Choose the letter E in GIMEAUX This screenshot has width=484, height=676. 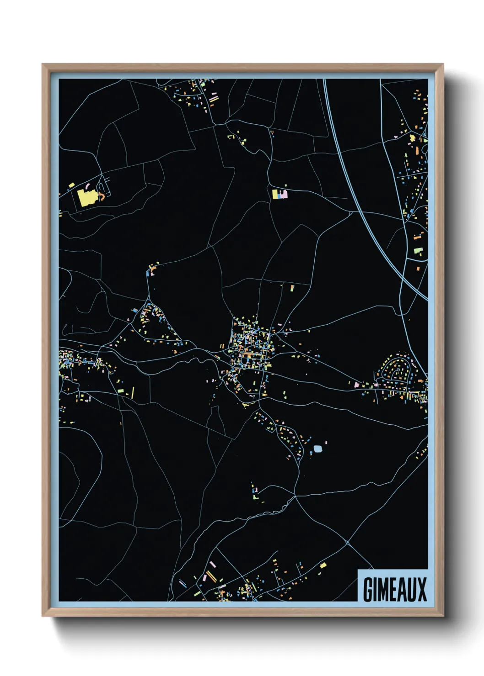(x=393, y=589)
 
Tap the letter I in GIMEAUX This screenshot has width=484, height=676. (x=375, y=589)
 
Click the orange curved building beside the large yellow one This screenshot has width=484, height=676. (x=102, y=196)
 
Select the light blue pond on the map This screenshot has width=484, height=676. (x=317, y=449)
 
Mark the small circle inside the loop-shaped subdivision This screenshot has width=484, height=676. (x=397, y=370)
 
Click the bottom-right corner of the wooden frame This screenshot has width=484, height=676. (x=443, y=616)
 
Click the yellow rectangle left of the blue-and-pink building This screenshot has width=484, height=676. (x=274, y=194)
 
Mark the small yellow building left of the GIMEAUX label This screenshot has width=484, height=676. (x=323, y=565)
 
